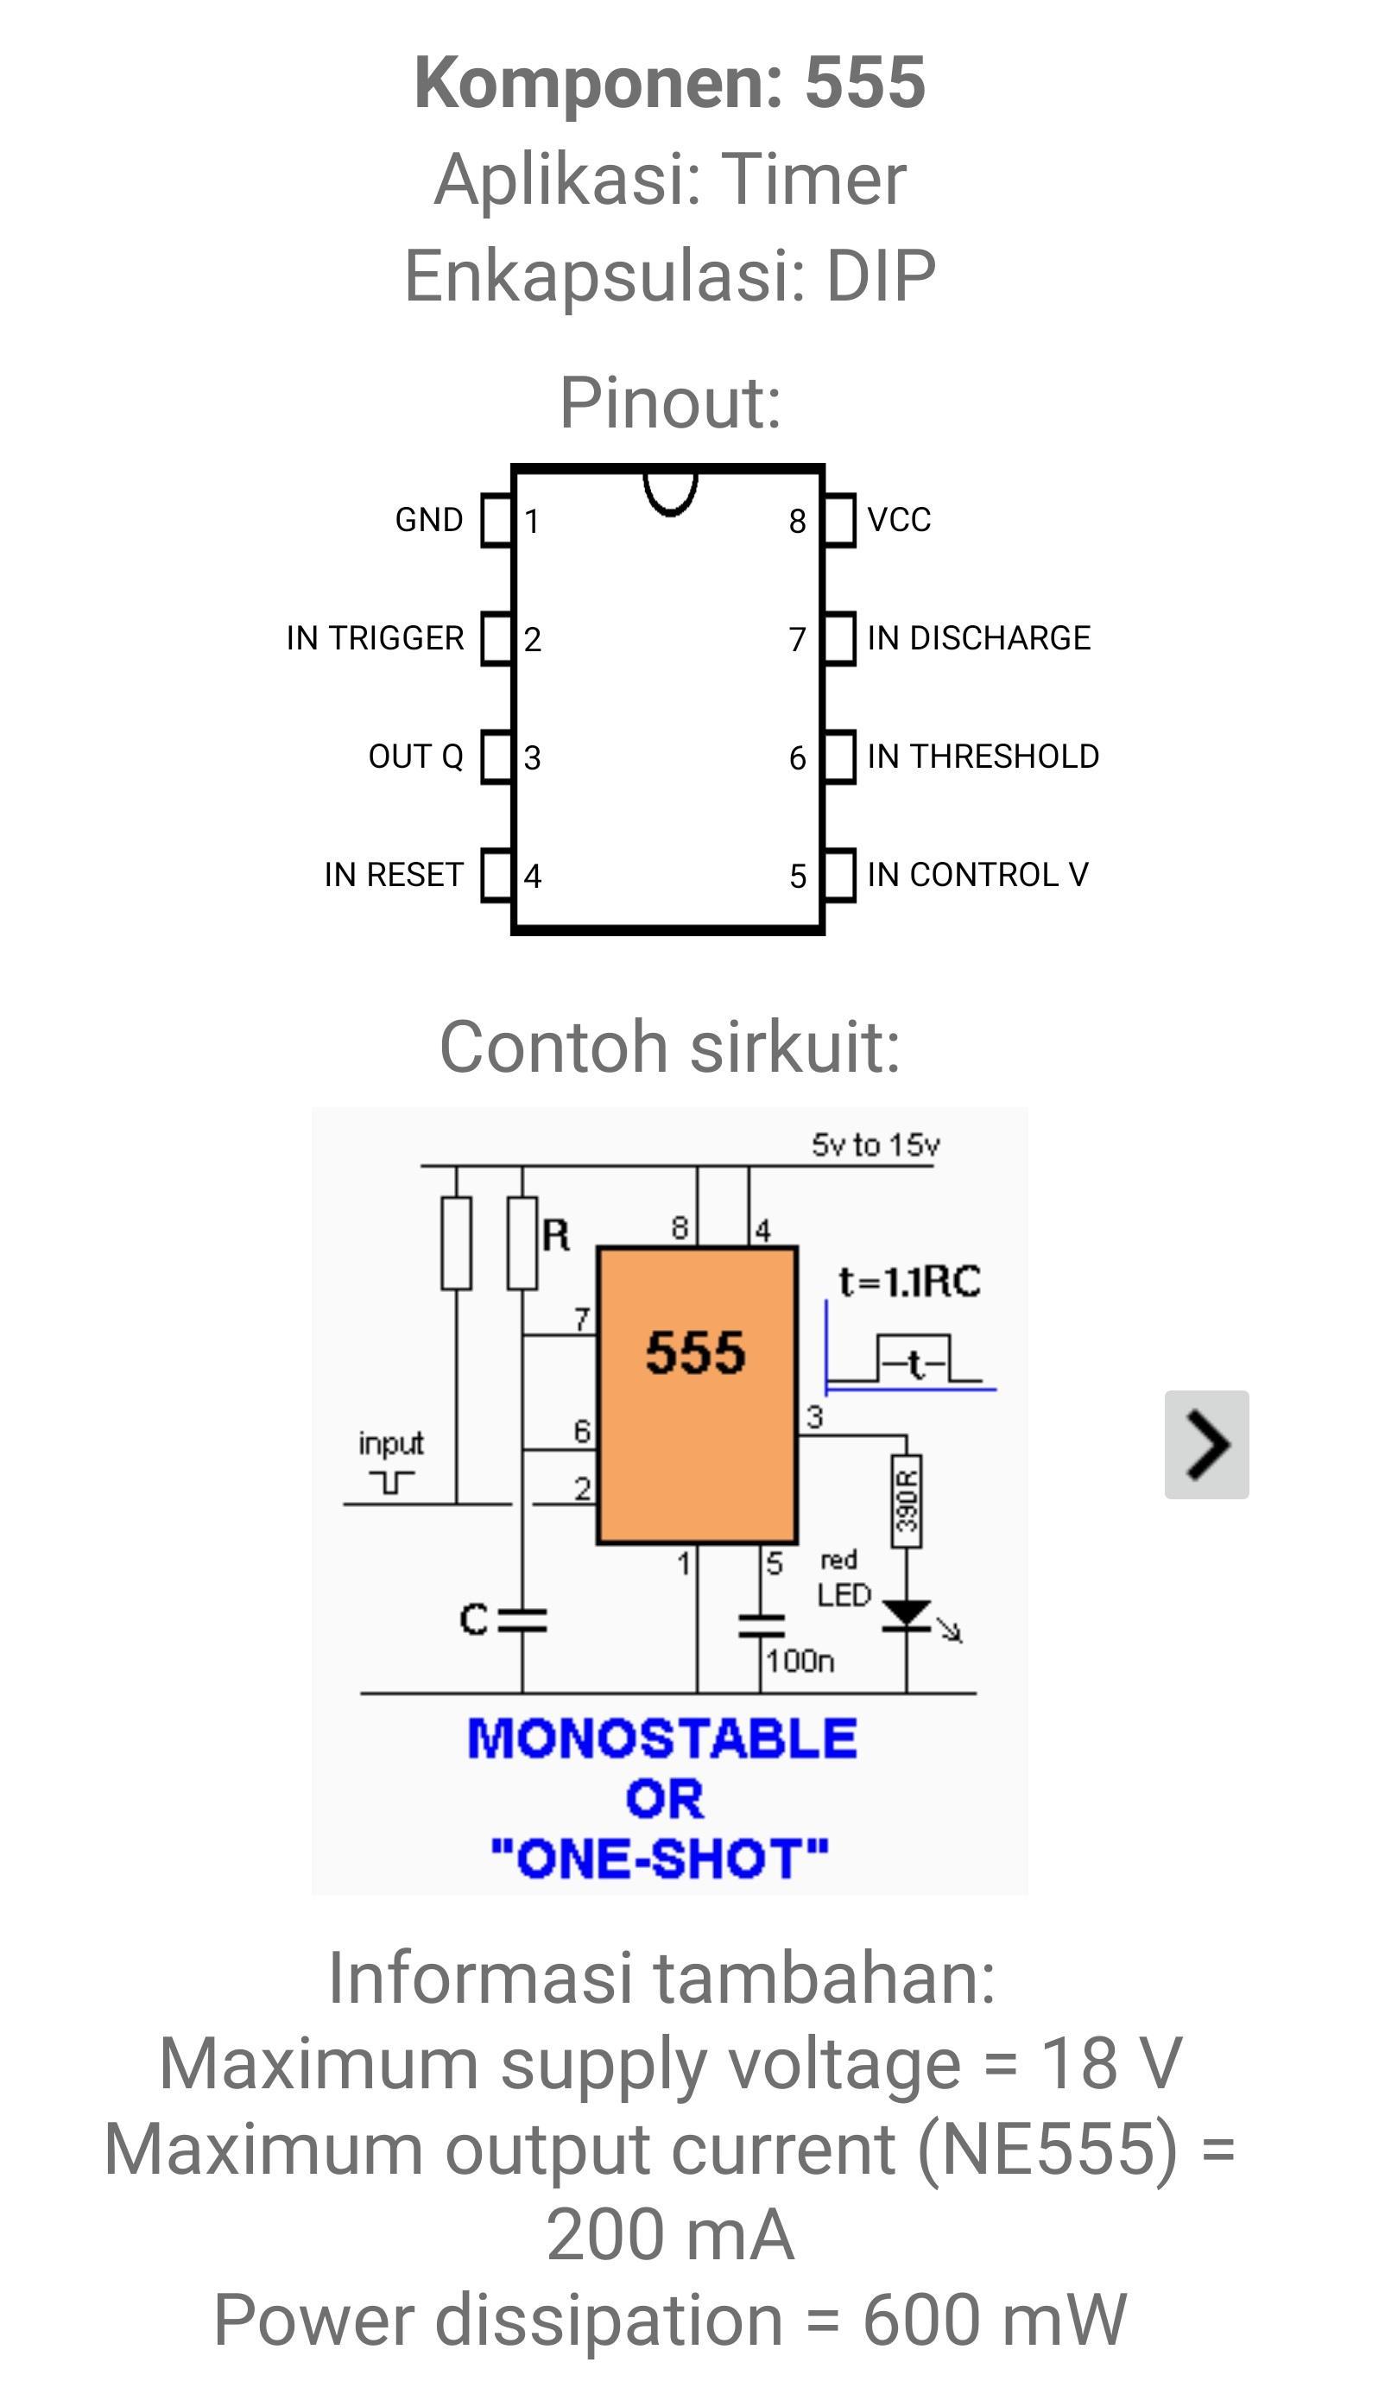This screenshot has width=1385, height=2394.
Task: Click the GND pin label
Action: [x=429, y=520]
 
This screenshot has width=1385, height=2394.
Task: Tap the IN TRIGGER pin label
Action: [x=376, y=637]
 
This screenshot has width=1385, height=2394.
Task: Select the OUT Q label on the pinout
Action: [x=416, y=757]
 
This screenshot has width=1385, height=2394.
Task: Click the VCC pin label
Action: [x=900, y=520]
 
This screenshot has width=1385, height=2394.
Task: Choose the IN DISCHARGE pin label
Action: [x=979, y=637]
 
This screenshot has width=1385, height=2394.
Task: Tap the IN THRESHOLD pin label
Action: [x=983, y=757]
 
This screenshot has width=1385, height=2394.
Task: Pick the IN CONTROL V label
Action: [x=977, y=874]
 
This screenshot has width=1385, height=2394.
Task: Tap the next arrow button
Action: [x=1206, y=1445]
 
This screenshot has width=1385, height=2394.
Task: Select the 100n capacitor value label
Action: [x=800, y=1661]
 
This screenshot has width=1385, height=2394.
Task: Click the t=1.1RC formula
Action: [x=909, y=1282]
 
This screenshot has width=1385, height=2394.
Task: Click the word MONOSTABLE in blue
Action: [x=662, y=1738]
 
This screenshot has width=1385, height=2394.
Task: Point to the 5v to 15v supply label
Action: [x=875, y=1145]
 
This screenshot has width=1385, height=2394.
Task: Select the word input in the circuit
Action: [x=390, y=1444]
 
